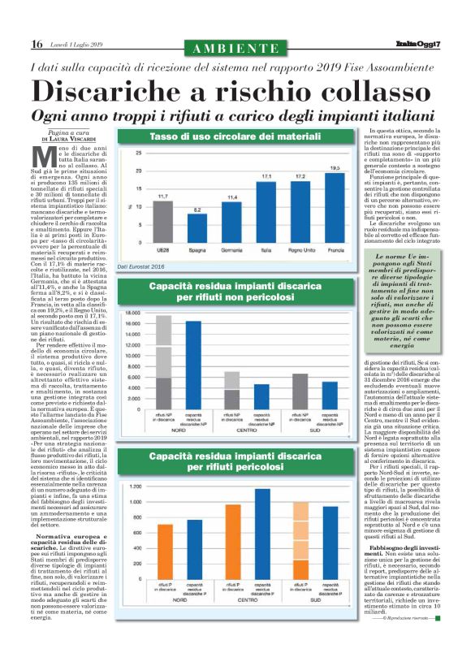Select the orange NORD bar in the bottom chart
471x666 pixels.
pyautogui.click(x=165, y=551)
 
